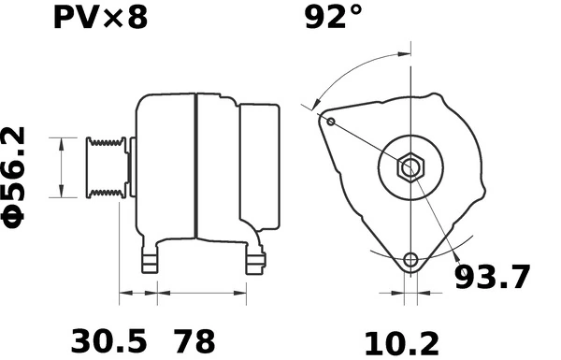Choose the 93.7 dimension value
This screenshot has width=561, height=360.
click(x=492, y=278)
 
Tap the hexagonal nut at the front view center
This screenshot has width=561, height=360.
click(x=410, y=169)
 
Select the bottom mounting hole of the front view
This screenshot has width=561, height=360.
click(x=410, y=260)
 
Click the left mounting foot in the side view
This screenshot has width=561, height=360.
click(x=148, y=263)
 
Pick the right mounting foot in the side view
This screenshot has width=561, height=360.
click(x=254, y=262)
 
